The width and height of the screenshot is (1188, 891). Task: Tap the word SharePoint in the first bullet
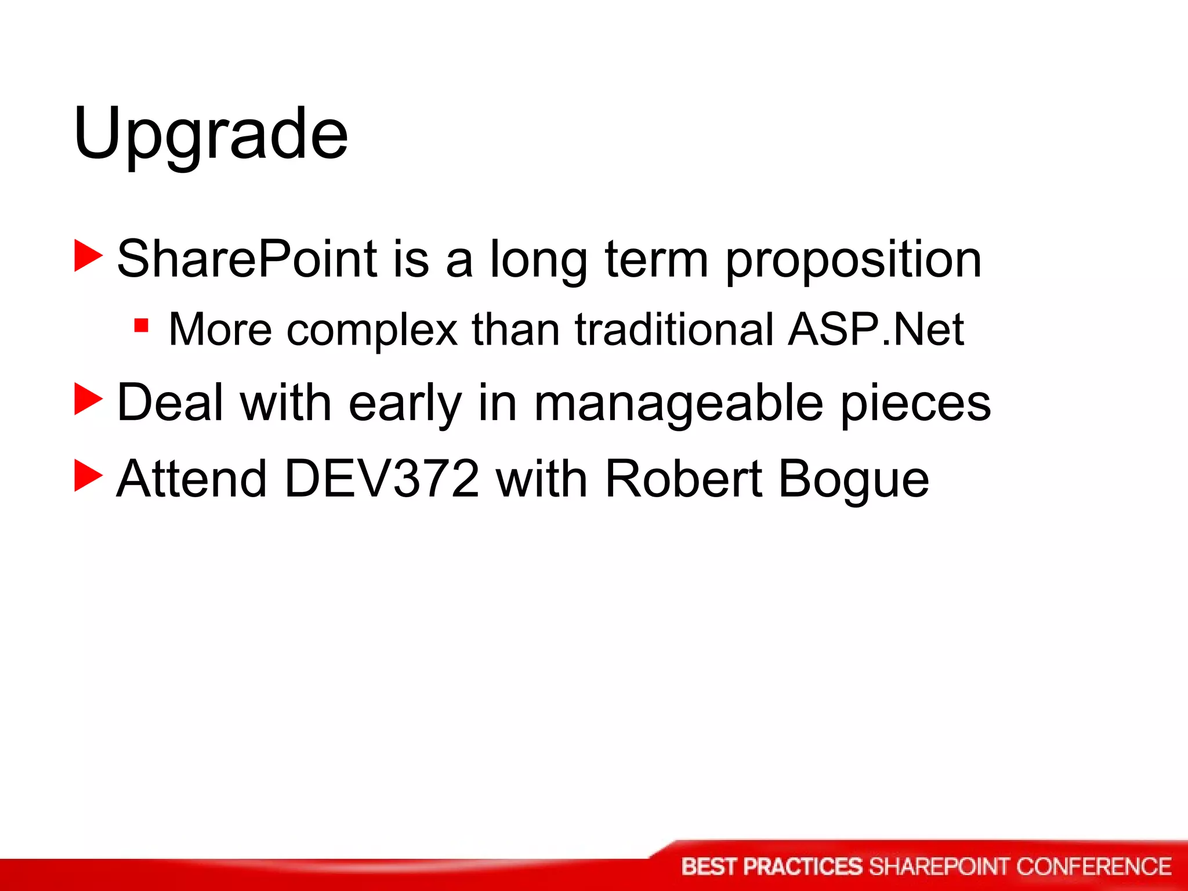click(x=247, y=259)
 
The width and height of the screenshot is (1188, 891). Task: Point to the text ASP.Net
click(x=875, y=329)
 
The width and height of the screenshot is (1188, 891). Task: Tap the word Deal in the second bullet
click(x=170, y=402)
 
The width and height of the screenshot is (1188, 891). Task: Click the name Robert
click(x=683, y=479)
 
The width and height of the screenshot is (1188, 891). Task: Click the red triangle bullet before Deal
click(x=88, y=400)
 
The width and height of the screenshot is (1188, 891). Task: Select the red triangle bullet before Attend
click(x=88, y=476)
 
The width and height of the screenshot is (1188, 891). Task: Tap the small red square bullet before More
click(x=141, y=325)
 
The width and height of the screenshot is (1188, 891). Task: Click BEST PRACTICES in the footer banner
click(x=772, y=867)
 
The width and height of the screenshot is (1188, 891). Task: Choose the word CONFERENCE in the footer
click(x=1093, y=867)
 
